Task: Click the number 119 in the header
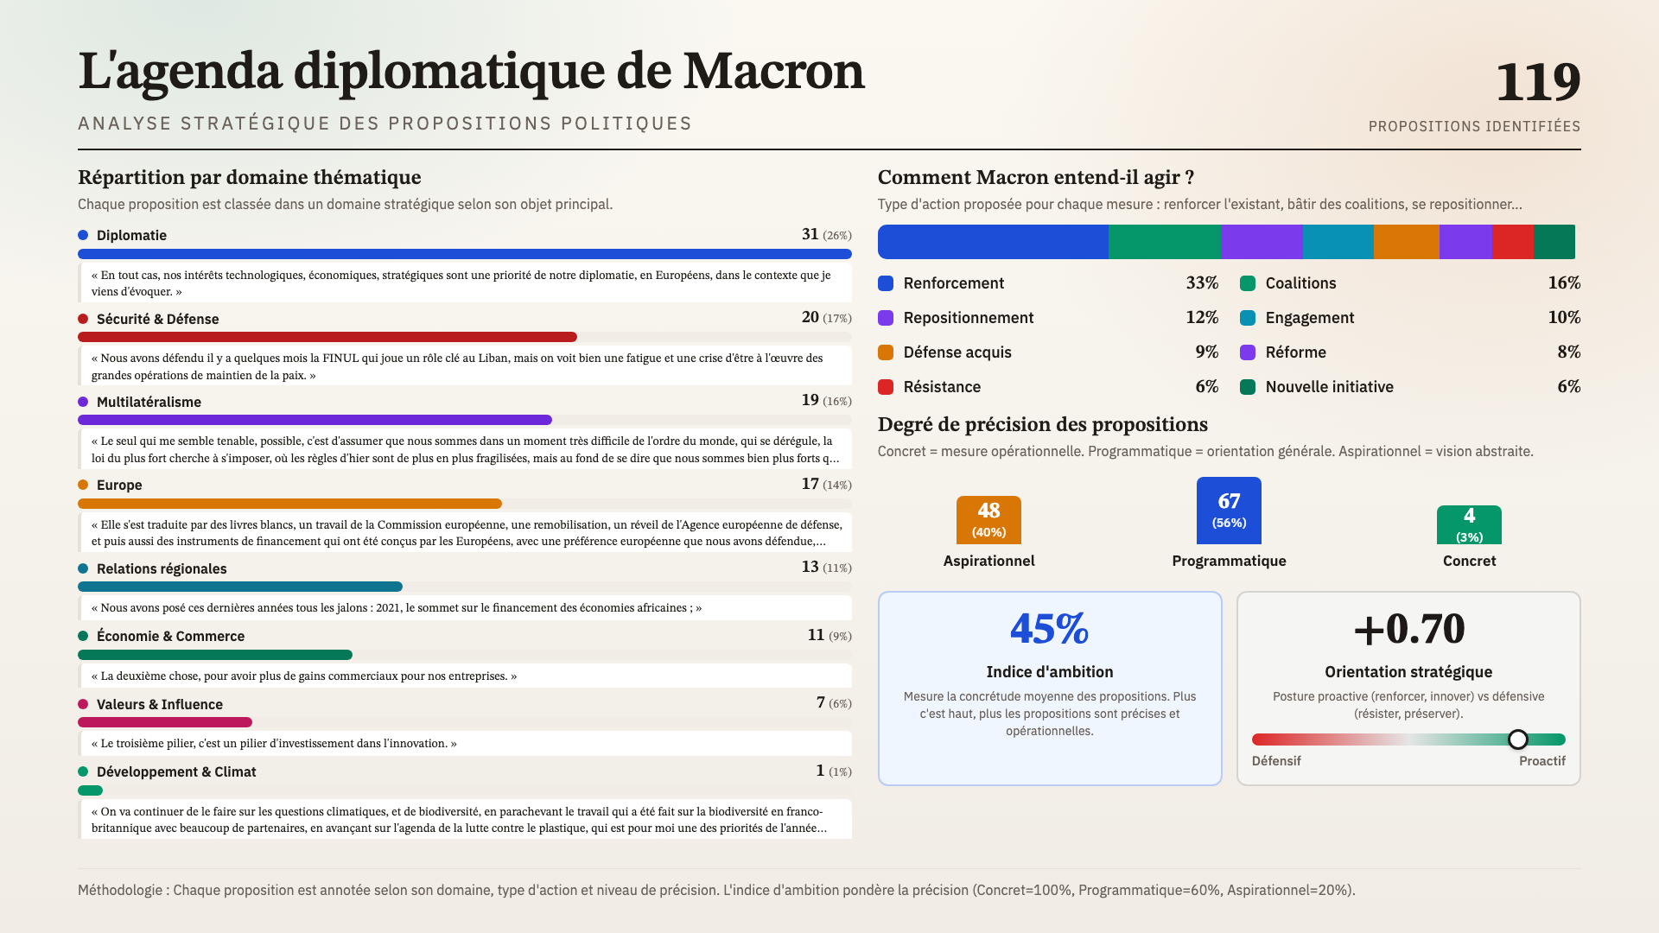1537,83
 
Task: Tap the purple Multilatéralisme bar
315,420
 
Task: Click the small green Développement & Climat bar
90,790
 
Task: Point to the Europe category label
119,486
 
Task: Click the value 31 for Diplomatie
810,234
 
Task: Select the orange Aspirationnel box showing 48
988,519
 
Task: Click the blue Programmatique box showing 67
1229,511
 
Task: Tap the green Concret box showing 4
1469,524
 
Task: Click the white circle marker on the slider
1518,739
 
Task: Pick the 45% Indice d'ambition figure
1049,629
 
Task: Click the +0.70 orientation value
1408,629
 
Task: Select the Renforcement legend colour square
886,283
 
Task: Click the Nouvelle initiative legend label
1329,387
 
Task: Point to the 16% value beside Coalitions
1564,283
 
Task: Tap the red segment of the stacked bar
1512,242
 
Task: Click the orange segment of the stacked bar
1406,242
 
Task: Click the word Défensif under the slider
1276,761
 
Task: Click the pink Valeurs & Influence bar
164,722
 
